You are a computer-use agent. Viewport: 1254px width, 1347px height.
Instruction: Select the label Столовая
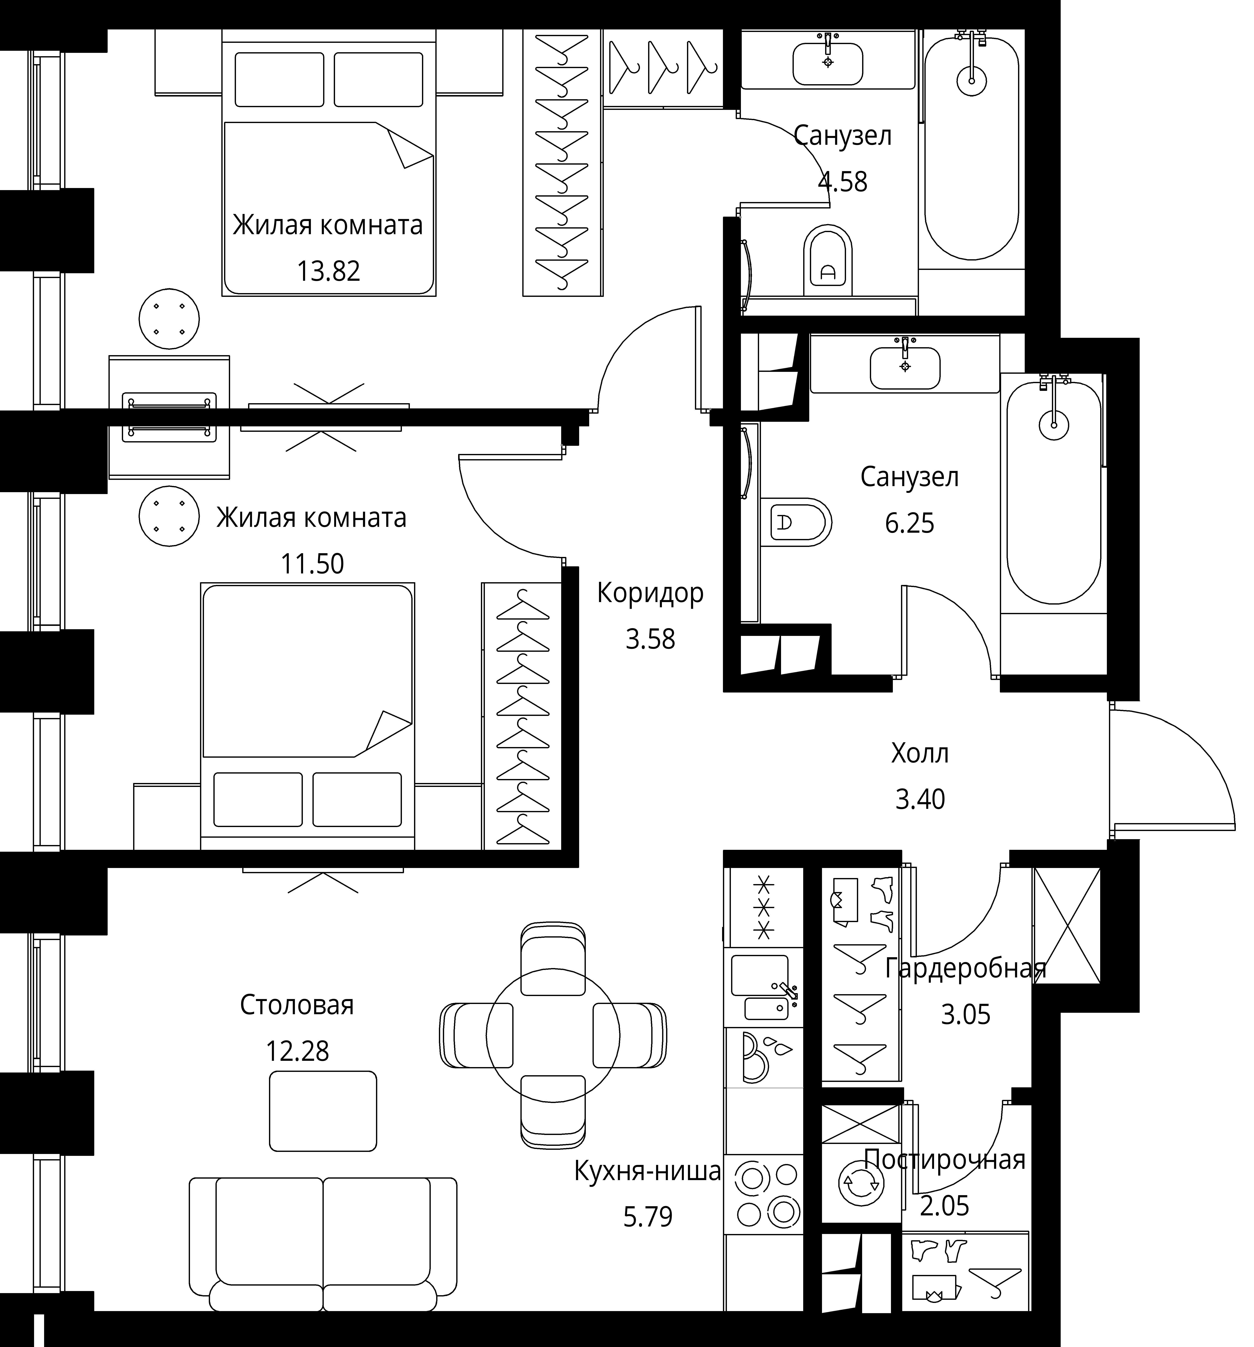pyautogui.click(x=297, y=1005)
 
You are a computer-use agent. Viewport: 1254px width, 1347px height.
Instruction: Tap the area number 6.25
pyautogui.click(x=910, y=523)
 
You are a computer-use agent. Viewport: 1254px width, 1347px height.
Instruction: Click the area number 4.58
pyautogui.click(x=842, y=182)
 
